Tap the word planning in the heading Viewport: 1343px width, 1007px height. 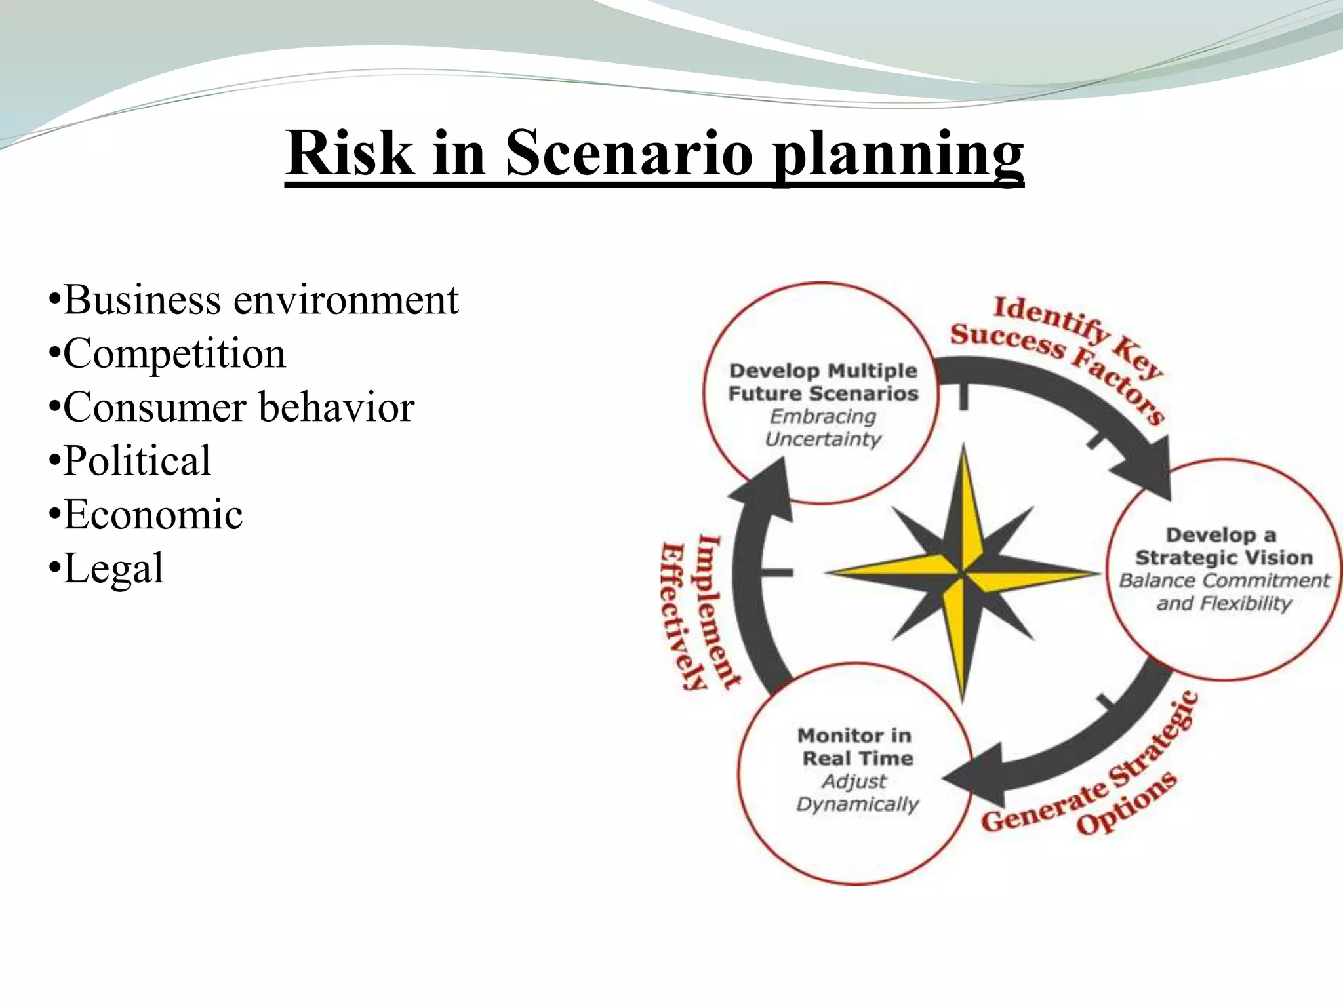pos(897,155)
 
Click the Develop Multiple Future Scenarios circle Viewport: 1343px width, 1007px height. pos(822,393)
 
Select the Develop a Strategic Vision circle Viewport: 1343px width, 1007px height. pos(1224,569)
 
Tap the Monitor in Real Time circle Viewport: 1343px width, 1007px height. pos(855,774)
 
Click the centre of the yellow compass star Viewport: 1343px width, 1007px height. pos(962,574)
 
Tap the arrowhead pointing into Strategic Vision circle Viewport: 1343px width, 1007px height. pos(1148,469)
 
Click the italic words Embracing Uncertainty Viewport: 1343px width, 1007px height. pos(823,427)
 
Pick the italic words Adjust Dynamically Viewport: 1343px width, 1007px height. pos(856,793)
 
